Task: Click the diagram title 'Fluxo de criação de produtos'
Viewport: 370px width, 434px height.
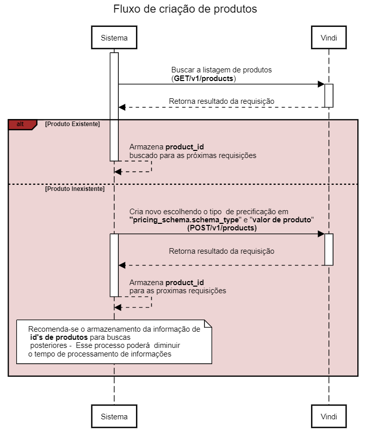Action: [x=185, y=9]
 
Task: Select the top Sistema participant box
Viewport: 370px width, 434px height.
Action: [x=114, y=37]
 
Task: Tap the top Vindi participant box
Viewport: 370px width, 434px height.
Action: [x=329, y=37]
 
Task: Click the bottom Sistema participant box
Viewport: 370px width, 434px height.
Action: [x=114, y=416]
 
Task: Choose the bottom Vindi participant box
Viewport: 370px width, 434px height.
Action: [x=329, y=416]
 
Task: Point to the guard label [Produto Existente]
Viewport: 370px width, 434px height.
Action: [x=73, y=124]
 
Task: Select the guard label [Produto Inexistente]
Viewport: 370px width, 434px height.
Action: [x=75, y=189]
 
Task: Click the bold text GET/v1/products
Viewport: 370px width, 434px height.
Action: [x=204, y=78]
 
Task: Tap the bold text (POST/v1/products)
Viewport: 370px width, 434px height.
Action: [x=222, y=228]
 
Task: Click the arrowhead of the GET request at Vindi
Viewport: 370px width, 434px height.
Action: [x=321, y=84]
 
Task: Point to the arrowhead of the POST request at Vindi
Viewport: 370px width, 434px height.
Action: [x=321, y=234]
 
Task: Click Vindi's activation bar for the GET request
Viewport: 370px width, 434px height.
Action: [x=329, y=96]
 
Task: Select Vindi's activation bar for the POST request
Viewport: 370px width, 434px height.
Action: [x=329, y=249]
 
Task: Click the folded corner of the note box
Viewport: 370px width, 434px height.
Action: [x=208, y=324]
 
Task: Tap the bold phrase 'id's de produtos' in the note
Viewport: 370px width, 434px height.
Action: [x=59, y=337]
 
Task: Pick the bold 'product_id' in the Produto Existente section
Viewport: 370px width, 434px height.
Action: [x=185, y=147]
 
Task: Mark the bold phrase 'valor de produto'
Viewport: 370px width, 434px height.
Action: [x=282, y=220]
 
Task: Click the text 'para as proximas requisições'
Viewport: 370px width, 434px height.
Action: [x=178, y=291]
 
